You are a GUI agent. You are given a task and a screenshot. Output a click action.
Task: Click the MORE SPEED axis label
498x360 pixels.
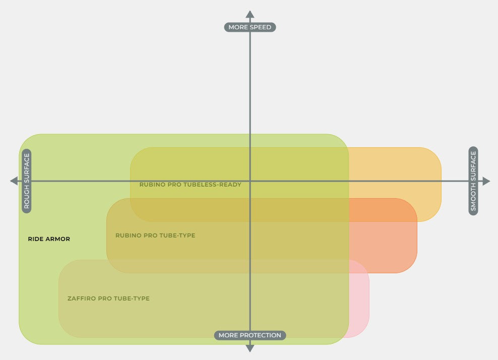click(250, 27)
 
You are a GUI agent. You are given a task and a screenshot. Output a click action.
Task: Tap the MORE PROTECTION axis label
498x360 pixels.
click(250, 335)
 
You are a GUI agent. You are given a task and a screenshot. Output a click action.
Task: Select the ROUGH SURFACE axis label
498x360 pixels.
click(27, 181)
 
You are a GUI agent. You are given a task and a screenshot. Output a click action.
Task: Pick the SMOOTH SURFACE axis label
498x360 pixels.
click(473, 181)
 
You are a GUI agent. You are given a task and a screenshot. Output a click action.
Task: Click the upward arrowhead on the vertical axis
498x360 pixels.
click(250, 14)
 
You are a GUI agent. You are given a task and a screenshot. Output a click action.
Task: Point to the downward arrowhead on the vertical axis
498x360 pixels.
click(250, 348)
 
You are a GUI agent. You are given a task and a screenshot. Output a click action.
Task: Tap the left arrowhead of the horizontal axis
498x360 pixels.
click(14, 181)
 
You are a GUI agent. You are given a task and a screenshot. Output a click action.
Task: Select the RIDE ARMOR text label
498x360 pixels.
click(49, 239)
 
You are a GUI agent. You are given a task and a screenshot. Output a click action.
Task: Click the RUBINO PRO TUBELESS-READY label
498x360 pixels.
click(191, 185)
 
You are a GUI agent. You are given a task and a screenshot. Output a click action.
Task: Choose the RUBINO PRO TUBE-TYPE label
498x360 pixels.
click(155, 235)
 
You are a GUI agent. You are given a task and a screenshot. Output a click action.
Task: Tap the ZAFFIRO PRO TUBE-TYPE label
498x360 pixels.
click(108, 298)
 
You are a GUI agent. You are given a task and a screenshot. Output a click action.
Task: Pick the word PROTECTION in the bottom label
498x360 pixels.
click(261, 335)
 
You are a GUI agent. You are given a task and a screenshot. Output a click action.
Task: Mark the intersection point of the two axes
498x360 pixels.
click(250, 181)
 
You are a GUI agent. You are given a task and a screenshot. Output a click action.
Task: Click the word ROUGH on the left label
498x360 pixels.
click(27, 198)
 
